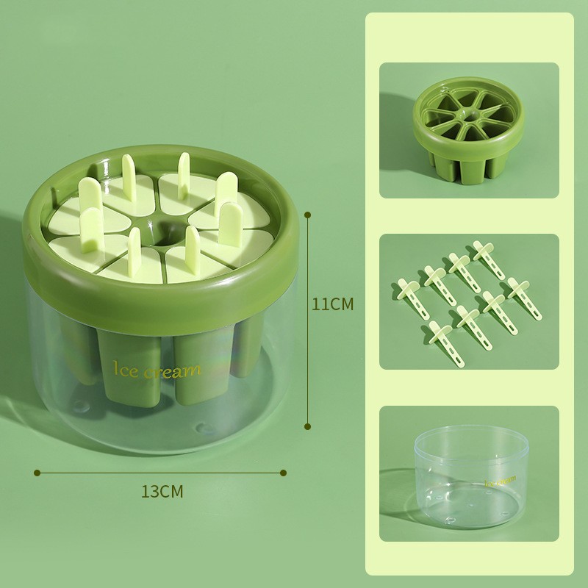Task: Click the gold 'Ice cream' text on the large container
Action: (157, 369)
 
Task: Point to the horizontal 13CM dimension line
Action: (162, 472)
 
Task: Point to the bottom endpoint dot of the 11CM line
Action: (308, 425)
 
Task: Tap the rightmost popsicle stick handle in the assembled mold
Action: (234, 220)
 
